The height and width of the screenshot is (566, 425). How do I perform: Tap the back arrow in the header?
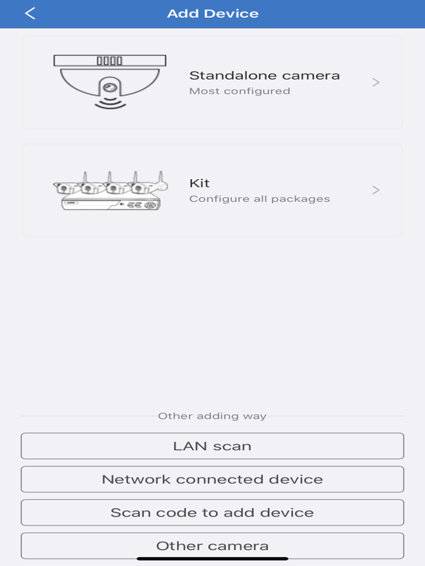30,13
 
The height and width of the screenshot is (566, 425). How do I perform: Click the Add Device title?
212,14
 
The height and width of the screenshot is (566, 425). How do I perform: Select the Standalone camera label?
265,75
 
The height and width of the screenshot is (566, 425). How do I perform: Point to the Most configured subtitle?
240,91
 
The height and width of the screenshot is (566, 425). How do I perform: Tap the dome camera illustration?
110,82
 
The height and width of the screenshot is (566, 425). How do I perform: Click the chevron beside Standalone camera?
376,83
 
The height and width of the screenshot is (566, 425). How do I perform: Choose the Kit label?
199,183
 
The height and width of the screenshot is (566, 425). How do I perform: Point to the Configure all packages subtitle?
260,199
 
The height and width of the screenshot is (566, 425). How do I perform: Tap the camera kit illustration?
111,191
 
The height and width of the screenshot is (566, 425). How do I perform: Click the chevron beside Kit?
376,190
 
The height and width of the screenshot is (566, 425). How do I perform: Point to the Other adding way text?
212,416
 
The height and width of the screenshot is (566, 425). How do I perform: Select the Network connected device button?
212,479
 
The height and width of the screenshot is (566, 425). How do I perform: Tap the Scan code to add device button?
212,513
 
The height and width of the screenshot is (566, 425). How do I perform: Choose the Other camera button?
212,546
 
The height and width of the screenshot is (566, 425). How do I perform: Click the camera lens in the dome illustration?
110,88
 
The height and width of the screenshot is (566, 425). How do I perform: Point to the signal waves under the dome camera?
110,103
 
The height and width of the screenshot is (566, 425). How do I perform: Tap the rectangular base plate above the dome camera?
110,60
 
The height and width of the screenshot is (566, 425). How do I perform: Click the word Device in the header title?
231,14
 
